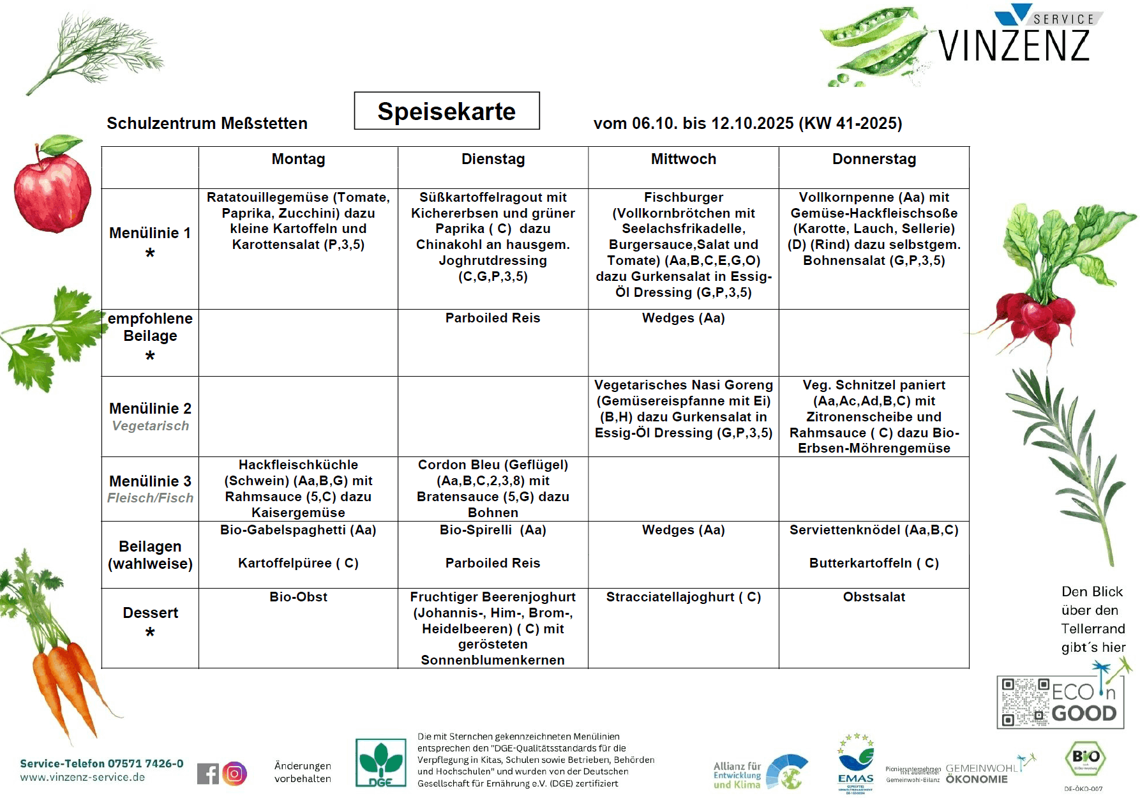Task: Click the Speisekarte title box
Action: click(x=446, y=111)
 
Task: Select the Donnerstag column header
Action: click(x=874, y=160)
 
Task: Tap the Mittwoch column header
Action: click(x=683, y=160)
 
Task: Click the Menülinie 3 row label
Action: click(x=150, y=488)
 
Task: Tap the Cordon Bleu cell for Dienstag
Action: click(x=493, y=488)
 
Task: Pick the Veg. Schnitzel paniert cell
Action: click(x=874, y=416)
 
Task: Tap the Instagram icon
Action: click(x=235, y=774)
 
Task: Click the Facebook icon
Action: click(x=207, y=774)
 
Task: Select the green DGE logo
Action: click(x=380, y=763)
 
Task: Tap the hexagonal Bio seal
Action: click(x=1085, y=760)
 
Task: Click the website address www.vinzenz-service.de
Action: click(x=82, y=778)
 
